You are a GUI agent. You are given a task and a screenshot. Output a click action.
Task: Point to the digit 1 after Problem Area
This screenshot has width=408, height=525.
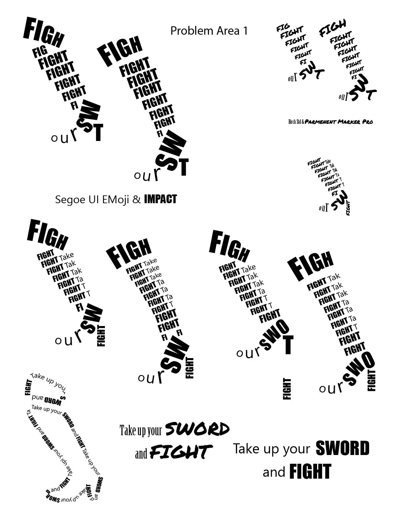tap(245, 31)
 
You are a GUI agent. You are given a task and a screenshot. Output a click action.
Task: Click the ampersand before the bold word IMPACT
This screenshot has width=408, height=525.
tap(137, 200)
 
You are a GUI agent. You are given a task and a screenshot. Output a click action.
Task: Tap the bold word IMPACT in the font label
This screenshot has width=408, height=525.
tap(160, 199)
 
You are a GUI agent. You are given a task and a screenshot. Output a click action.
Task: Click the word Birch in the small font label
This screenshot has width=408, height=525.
tap(292, 122)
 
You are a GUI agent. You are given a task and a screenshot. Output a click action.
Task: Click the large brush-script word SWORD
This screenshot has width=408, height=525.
tap(197, 429)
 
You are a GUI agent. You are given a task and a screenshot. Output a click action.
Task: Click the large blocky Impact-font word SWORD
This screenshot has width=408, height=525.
tap(342, 449)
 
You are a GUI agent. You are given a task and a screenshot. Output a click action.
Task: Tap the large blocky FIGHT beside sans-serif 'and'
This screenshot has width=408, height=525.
tap(310, 472)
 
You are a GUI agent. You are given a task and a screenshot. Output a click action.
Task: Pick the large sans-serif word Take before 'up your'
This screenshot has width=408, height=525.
tap(246, 449)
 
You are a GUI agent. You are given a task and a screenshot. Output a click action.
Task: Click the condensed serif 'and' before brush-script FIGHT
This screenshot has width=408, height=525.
tap(141, 454)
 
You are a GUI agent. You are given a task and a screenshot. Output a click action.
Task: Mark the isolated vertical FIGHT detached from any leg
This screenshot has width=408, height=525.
tap(287, 389)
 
